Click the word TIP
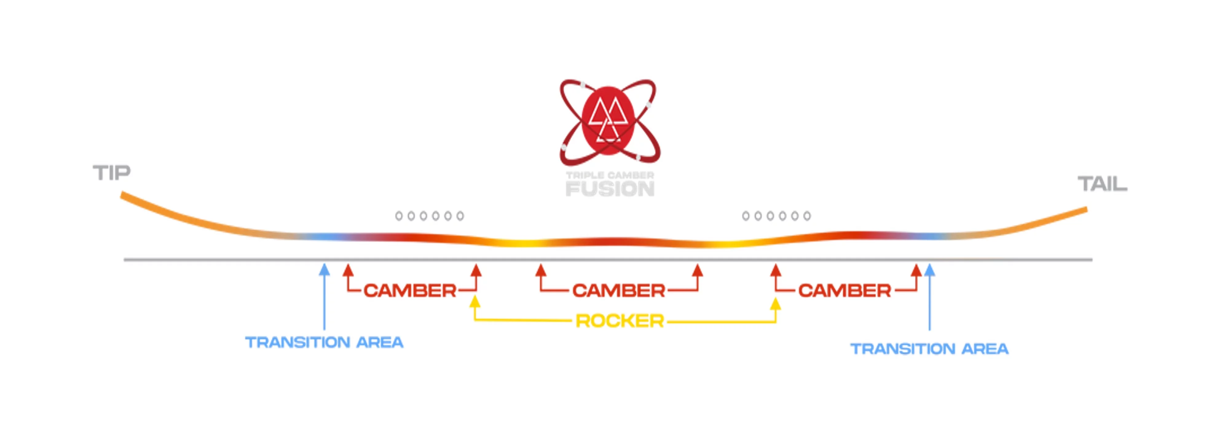click(111, 173)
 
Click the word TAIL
click(1102, 184)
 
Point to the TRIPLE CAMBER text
click(610, 175)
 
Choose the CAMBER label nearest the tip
click(410, 291)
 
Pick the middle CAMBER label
click(619, 291)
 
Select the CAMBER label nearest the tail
click(844, 291)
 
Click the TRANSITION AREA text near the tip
click(324, 342)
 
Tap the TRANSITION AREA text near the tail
click(929, 349)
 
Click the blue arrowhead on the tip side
click(324, 269)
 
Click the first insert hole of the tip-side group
click(399, 216)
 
